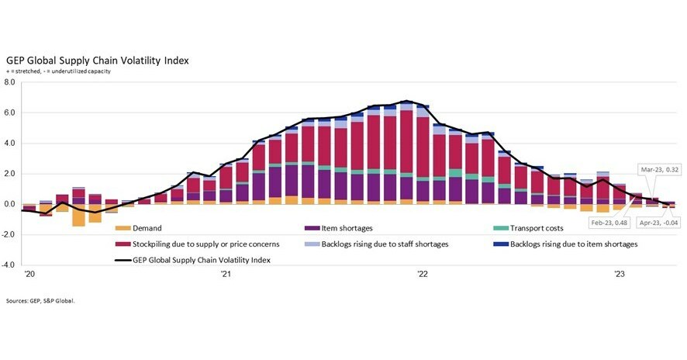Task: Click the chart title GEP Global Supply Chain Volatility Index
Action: pyautogui.click(x=97, y=60)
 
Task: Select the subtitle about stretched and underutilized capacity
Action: pyautogui.click(x=58, y=71)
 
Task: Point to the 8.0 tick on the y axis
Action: pyautogui.click(x=10, y=82)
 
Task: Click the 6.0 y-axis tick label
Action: pyautogui.click(x=10, y=113)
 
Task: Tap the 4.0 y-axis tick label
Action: pyautogui.click(x=10, y=144)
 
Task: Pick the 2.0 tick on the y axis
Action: pyautogui.click(x=10, y=174)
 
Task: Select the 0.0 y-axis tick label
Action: pyautogui.click(x=10, y=205)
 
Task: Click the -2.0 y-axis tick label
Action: pyautogui.click(x=9, y=235)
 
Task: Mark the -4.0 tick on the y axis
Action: pyautogui.click(x=9, y=265)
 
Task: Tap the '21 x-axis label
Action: pyautogui.click(x=225, y=274)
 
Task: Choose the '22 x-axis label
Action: pyautogui.click(x=423, y=274)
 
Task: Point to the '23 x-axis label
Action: pyautogui.click(x=620, y=274)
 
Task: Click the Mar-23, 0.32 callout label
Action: pyautogui.click(x=659, y=168)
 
